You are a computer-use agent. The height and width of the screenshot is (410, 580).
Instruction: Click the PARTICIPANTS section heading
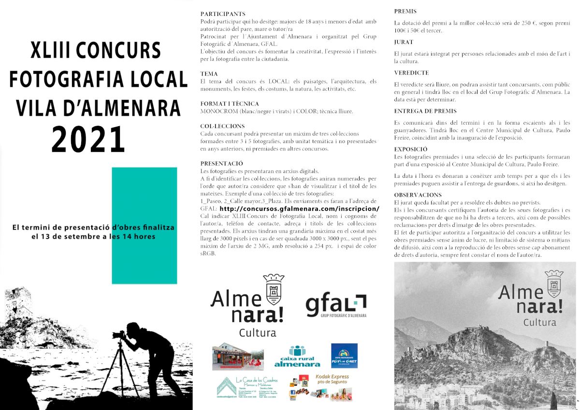[x=223, y=14]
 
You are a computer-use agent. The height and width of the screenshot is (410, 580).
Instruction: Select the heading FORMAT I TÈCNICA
[x=230, y=103]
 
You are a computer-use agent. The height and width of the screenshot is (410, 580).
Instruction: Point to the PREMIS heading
[x=405, y=11]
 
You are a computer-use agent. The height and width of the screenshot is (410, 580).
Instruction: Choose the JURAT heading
[x=404, y=42]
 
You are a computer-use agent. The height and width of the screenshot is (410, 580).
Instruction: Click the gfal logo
[x=335, y=306]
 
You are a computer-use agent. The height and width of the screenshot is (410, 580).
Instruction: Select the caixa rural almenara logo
[x=297, y=357]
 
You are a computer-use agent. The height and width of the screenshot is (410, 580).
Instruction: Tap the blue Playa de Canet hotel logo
[x=344, y=355]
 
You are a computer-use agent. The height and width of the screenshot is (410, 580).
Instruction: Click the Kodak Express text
[x=332, y=377]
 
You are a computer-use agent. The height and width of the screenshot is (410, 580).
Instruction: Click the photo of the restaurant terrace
[x=238, y=356]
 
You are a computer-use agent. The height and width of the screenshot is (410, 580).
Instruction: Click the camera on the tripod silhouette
[x=119, y=335]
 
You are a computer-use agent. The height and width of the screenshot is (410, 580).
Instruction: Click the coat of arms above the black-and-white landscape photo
[x=553, y=284]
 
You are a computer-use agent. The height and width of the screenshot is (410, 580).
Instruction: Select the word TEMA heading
[x=209, y=73]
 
